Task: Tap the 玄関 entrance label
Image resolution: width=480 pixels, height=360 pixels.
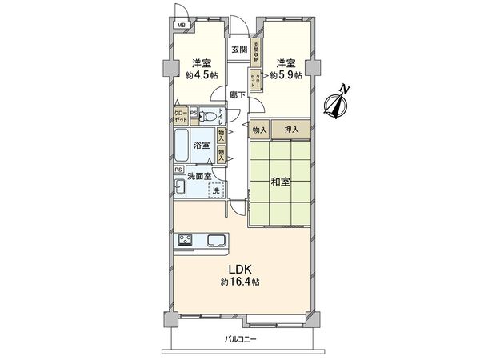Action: (x=238, y=50)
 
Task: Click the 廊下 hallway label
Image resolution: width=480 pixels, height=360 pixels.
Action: (x=238, y=94)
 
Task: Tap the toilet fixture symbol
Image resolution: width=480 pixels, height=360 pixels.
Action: (x=207, y=114)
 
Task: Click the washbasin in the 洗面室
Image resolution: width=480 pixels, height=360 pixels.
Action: (x=179, y=189)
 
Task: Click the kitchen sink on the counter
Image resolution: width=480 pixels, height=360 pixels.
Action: (x=217, y=240)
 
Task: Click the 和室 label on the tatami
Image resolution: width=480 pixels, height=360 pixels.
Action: (x=279, y=182)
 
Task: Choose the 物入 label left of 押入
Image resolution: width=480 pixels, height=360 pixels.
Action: (x=259, y=129)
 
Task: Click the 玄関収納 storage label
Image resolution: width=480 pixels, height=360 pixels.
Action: (x=256, y=51)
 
